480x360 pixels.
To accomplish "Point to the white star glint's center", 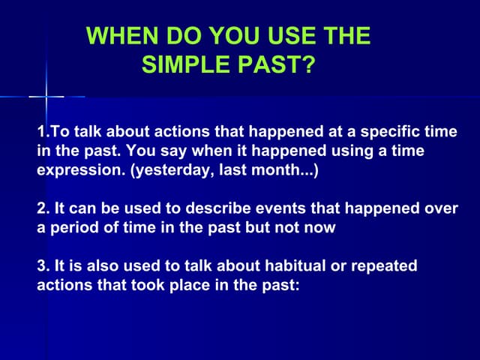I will pyautogui.click(x=46, y=96).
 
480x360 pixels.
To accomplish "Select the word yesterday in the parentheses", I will pyautogui.click(x=169, y=171).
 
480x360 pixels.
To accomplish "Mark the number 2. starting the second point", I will pyautogui.click(x=43, y=208).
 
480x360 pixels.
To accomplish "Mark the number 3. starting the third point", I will pyautogui.click(x=43, y=266).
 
